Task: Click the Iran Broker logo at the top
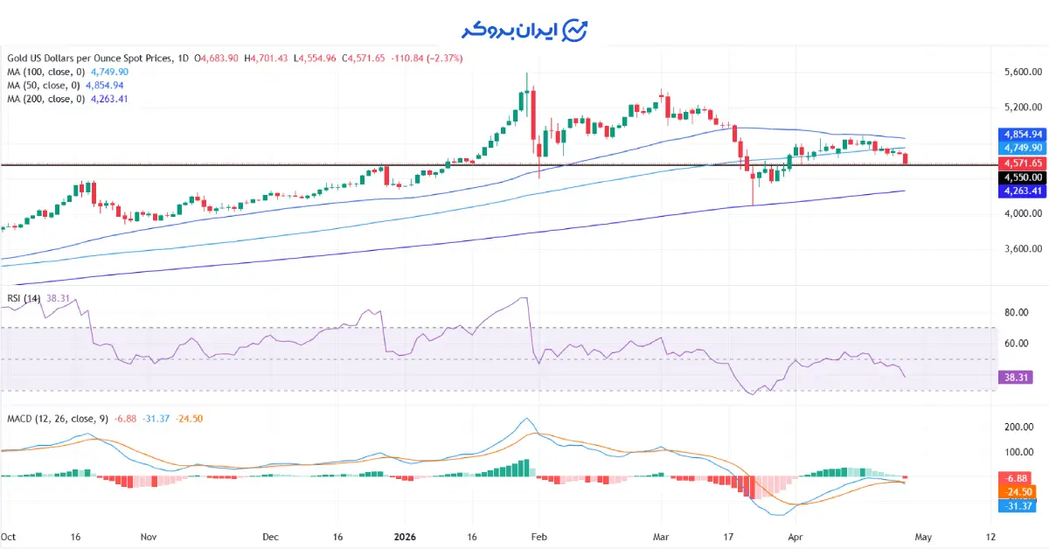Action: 524,30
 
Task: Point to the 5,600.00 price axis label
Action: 1020,73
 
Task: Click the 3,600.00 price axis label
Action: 1020,249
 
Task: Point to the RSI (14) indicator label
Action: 24,299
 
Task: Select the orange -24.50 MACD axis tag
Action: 1017,491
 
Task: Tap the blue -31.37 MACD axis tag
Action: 1017,505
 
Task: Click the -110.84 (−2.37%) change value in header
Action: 427,58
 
